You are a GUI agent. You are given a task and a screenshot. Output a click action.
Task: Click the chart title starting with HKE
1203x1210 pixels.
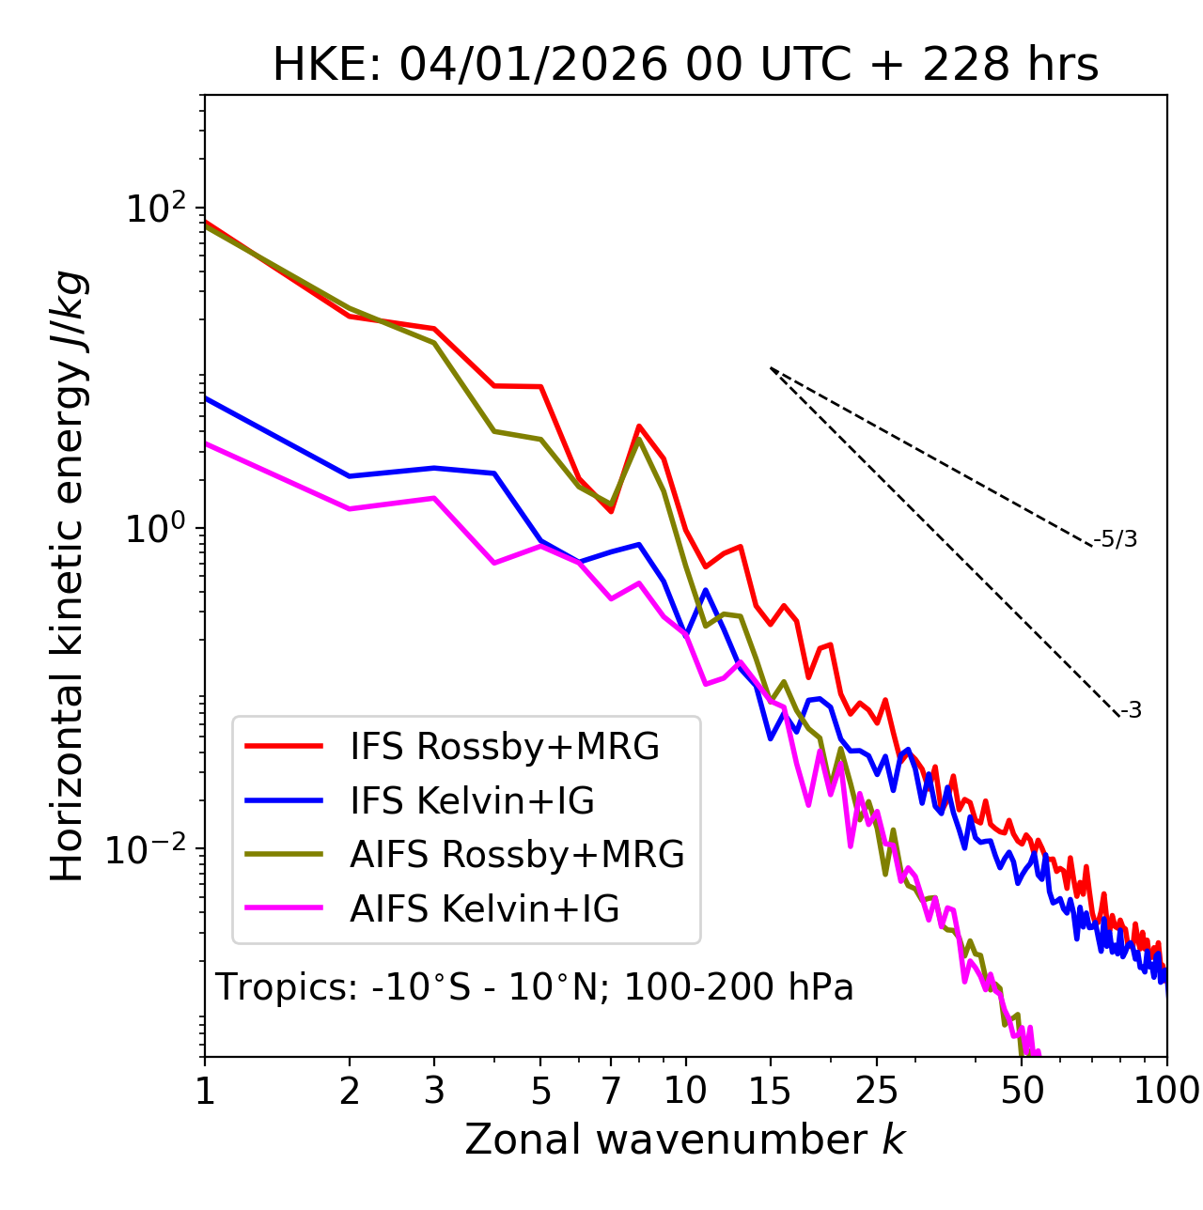685,65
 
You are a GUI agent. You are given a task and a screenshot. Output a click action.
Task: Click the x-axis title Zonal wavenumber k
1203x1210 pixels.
685,1140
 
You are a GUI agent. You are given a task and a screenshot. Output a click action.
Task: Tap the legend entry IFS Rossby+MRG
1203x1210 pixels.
504,746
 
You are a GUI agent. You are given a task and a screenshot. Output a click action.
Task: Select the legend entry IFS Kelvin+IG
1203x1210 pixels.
472,800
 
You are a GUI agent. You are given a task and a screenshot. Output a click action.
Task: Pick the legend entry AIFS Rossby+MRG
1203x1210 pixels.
517,855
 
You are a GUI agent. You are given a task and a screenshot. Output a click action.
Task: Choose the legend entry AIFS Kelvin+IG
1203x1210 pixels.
484,908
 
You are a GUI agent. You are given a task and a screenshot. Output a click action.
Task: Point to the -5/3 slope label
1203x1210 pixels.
1116,539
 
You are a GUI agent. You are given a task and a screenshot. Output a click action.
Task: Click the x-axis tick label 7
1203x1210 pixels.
611,1091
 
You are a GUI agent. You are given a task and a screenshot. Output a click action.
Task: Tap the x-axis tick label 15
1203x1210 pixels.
770,1091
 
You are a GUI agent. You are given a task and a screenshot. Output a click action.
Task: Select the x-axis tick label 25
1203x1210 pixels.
877,1091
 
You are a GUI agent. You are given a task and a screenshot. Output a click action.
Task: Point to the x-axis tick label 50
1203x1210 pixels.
1022,1091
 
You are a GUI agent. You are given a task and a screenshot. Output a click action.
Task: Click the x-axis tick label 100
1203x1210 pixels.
1166,1091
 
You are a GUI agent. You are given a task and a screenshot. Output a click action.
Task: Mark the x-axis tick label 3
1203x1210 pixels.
434,1091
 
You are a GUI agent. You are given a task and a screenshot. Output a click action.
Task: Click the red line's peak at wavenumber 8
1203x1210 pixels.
639,427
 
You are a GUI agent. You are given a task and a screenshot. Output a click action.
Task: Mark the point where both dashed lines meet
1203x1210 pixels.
771,368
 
